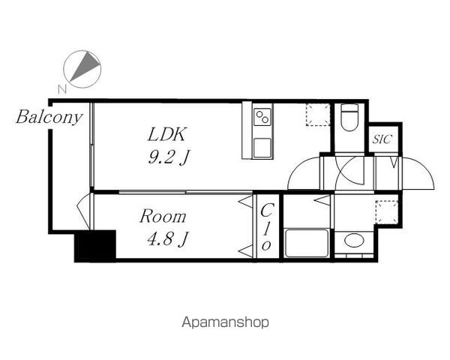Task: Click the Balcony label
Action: tap(49, 118)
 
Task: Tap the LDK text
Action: tap(166, 134)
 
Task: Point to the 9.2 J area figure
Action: tap(169, 157)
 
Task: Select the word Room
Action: tap(163, 217)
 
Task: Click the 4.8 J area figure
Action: tap(167, 239)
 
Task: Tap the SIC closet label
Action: tap(382, 139)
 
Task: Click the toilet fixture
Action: tap(349, 117)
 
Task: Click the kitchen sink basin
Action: tap(262, 148)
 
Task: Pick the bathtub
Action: tap(307, 244)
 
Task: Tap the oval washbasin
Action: tap(354, 240)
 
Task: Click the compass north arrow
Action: tap(85, 66)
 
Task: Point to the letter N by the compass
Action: tap(62, 89)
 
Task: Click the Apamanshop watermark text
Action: tap(225, 322)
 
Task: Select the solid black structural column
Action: tap(95, 246)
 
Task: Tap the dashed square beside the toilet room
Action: tap(318, 115)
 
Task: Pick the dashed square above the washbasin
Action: tap(387, 212)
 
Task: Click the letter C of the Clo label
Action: tap(267, 211)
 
